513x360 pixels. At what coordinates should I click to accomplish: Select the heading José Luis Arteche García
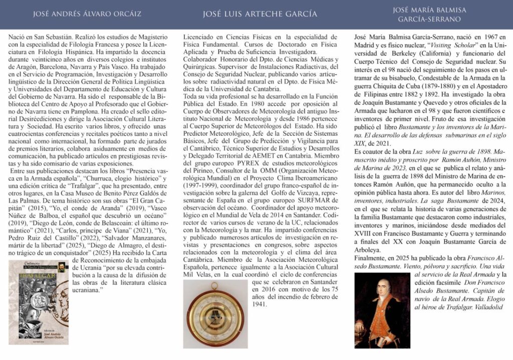coord(260,14)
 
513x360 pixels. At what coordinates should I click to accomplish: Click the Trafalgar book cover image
coord(39,302)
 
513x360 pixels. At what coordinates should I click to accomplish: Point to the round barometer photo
coord(215,314)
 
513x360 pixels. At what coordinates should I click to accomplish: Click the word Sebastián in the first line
coord(55,37)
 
